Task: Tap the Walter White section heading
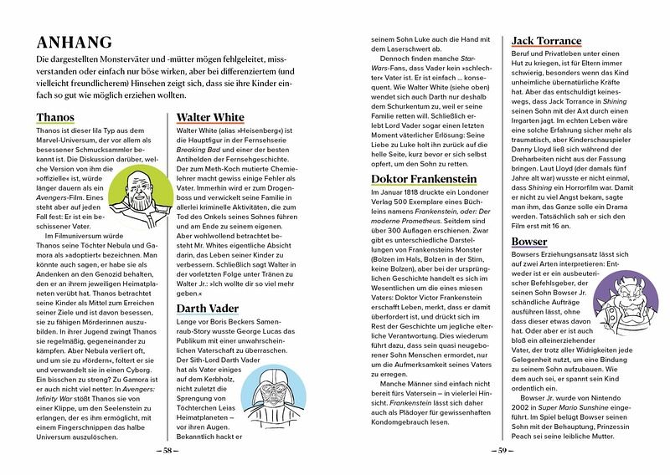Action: [210, 117]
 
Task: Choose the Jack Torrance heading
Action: [546, 41]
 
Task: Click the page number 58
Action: [171, 452]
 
